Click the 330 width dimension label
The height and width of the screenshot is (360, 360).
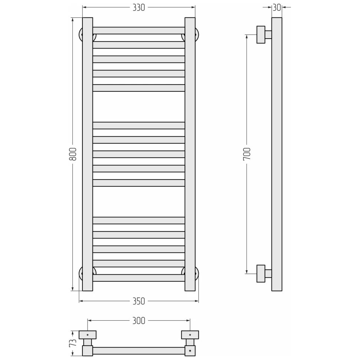139,7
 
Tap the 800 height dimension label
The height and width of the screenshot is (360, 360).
73,154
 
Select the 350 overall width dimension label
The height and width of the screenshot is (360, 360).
139,301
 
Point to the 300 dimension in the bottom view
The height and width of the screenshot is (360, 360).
139,321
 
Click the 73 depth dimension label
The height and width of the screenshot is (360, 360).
73,343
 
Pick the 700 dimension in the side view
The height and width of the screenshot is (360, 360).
247,154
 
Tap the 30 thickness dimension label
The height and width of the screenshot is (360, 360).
277,7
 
